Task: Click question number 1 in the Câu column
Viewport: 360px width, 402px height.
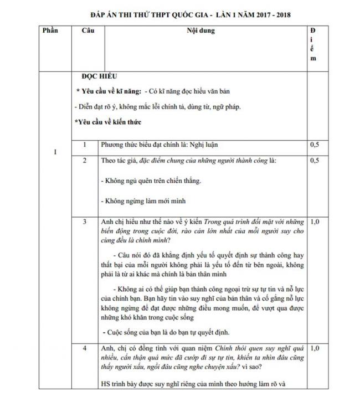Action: [x=84, y=145]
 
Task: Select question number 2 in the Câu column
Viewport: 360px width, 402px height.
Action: [x=84, y=161]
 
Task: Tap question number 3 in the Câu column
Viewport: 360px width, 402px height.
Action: [x=84, y=222]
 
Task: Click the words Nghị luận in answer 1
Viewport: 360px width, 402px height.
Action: [x=203, y=145]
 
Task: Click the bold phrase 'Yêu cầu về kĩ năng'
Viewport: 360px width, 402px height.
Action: [x=107, y=91]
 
